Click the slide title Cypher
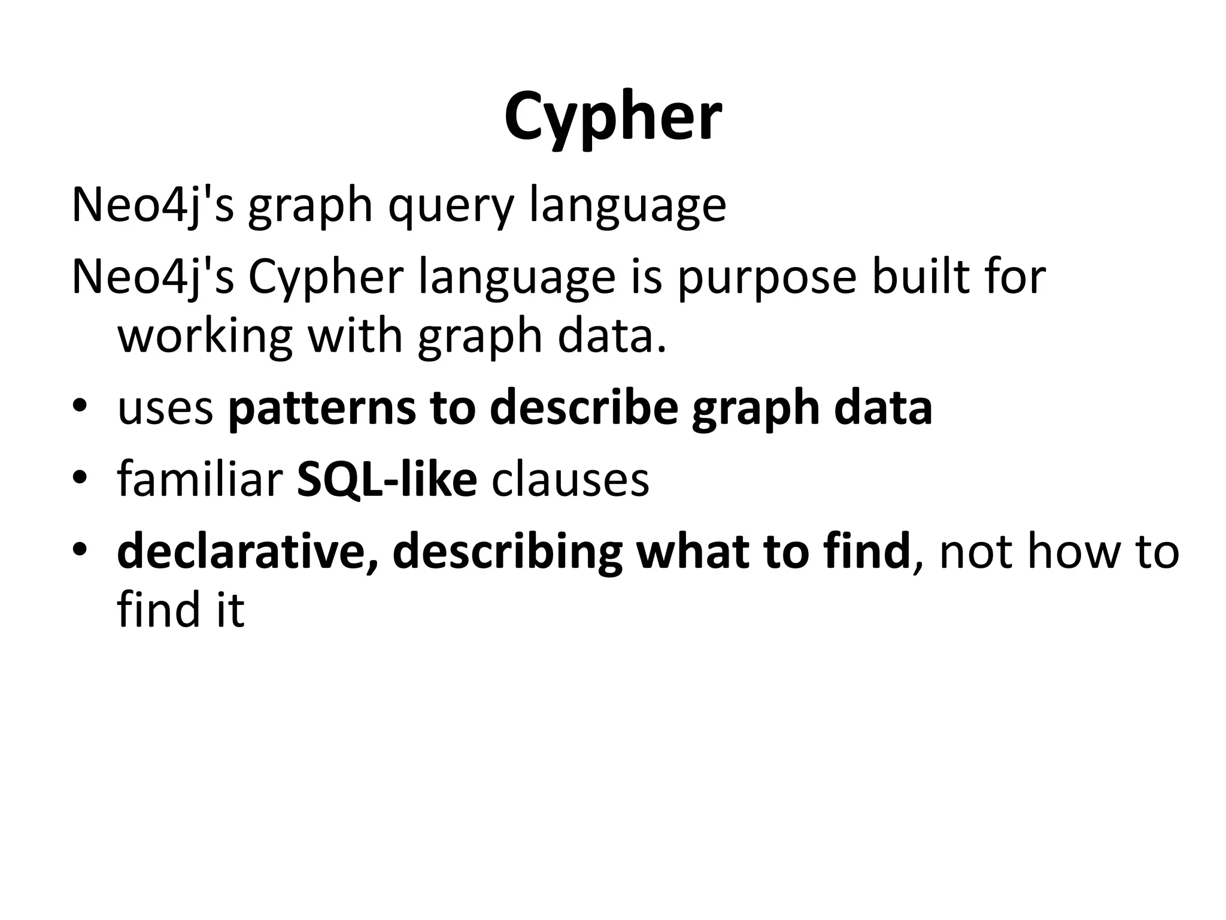tap(613, 117)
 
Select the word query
tap(451, 207)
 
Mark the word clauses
tap(570, 480)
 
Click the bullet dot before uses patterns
tap(80, 408)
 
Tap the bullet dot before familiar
tap(80, 479)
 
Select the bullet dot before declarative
tap(80, 549)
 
